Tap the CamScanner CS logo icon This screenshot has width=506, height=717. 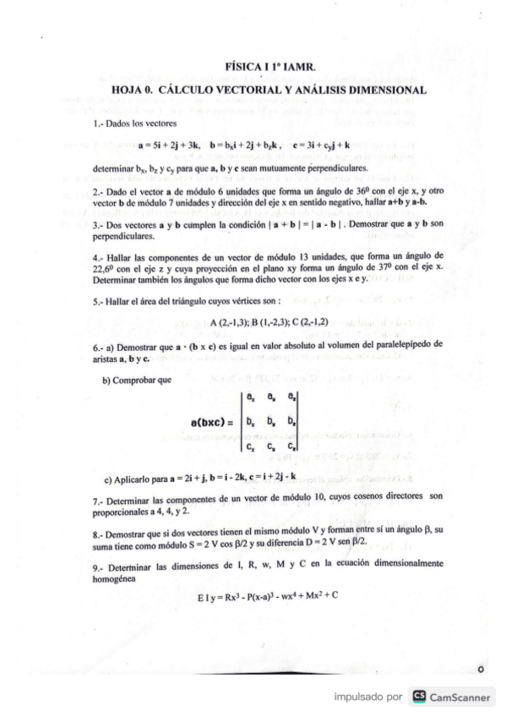416,698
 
